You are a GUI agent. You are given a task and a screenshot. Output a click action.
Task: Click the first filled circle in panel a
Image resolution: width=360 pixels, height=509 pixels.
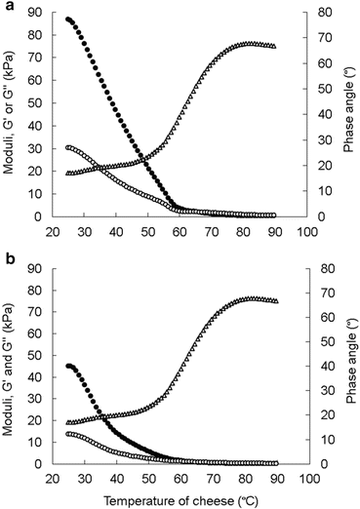(67, 19)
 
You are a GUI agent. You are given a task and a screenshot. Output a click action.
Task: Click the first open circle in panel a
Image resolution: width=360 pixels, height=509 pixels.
(67, 147)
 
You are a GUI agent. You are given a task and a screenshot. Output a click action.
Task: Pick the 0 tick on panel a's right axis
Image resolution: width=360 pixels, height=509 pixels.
(321, 216)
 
